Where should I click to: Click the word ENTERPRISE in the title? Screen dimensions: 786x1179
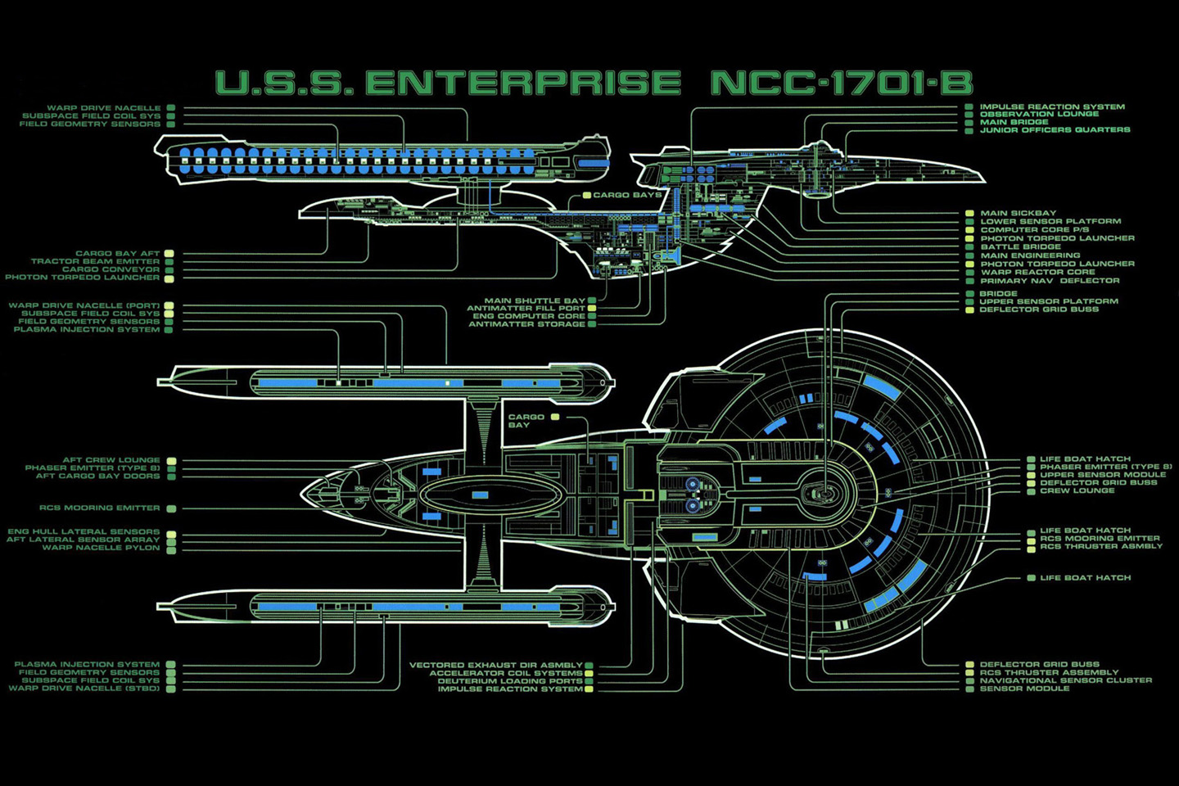[x=522, y=84]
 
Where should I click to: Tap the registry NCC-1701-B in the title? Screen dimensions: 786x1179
[x=842, y=84]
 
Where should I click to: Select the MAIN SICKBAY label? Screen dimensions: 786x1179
[x=1019, y=213]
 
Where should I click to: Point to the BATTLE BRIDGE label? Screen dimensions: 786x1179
[x=1021, y=246]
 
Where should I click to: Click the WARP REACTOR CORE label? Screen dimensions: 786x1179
[x=1037, y=272]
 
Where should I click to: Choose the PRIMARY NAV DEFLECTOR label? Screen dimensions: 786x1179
[x=1050, y=281]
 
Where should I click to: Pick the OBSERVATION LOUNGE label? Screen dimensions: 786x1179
[x=1039, y=114]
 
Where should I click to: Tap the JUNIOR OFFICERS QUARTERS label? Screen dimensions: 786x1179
[x=1055, y=129]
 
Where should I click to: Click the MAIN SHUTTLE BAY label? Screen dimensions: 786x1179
[x=535, y=300]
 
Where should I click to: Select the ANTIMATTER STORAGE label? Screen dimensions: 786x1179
[x=526, y=324]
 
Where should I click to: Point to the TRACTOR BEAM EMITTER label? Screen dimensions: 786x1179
[x=96, y=261]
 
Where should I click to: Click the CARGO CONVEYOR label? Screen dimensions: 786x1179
[x=111, y=269]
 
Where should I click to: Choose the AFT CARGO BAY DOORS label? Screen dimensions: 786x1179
[x=98, y=476]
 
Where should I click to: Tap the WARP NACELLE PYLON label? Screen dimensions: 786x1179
[x=102, y=547]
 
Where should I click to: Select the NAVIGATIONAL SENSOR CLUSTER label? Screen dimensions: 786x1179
[x=1065, y=680]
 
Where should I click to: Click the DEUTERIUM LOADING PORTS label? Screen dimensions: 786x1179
[x=510, y=681]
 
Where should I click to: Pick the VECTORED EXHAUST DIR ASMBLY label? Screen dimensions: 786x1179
[x=496, y=665]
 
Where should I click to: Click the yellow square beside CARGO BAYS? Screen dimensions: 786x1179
[x=587, y=196]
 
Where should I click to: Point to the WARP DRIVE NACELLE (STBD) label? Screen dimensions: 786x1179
[x=85, y=689]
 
